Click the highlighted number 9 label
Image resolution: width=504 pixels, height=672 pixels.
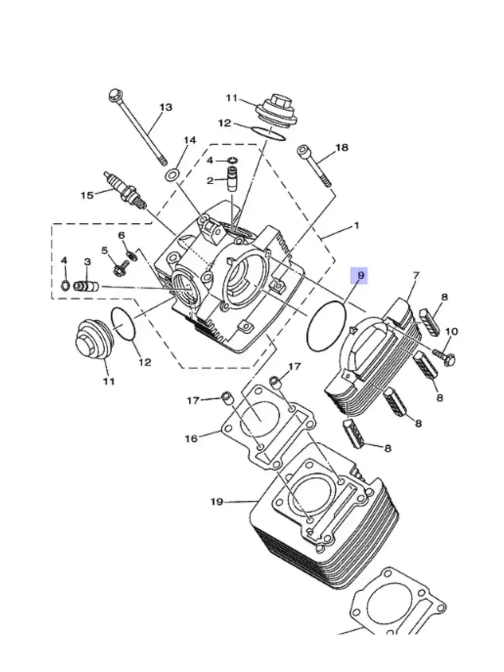pos(361,275)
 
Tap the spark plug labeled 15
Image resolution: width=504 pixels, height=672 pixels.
pos(125,190)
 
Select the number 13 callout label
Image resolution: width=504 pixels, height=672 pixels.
pos(166,107)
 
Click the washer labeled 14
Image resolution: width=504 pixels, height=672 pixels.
pos(171,175)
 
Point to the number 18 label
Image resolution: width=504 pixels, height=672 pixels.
pos(342,148)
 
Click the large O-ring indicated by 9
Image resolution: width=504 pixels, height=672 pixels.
pos(326,326)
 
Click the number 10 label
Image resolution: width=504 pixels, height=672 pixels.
pos(452,332)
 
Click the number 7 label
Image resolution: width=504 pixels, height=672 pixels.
pos(416,276)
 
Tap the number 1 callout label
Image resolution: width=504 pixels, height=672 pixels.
pos(356,226)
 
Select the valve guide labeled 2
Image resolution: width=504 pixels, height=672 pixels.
pos(232,179)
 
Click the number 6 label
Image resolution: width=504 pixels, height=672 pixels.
pos(122,236)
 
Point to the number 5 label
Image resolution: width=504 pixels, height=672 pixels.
pos(105,251)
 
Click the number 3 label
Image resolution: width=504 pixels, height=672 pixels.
pos(87,262)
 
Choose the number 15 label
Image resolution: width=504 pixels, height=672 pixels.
pos(87,195)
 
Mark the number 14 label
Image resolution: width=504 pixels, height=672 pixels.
pos(189,141)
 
